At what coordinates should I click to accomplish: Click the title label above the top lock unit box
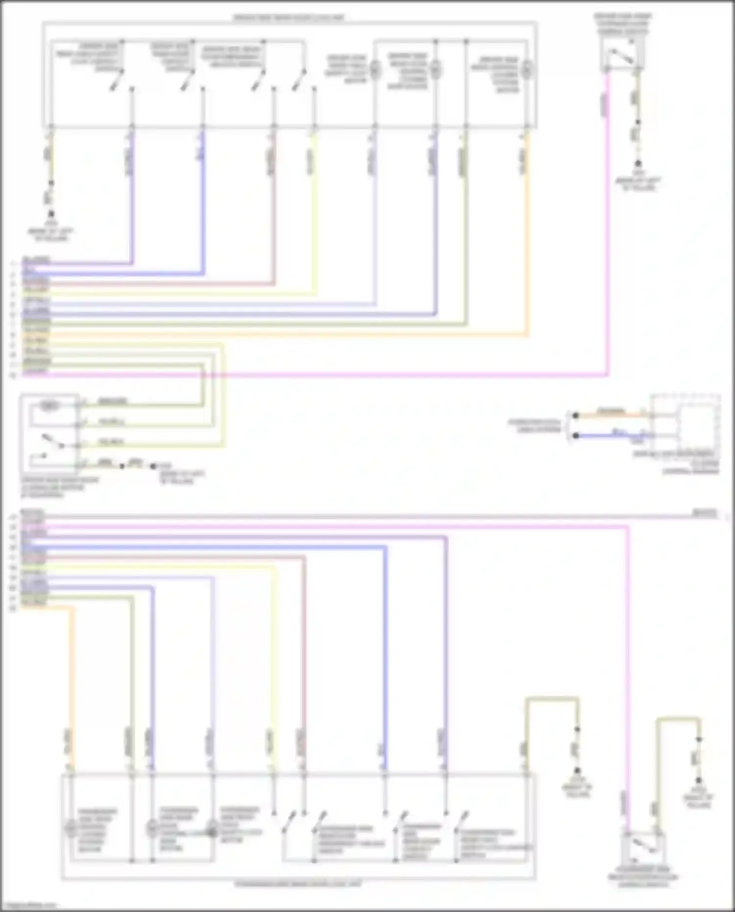point(289,18)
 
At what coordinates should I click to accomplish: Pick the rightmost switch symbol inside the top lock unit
point(299,80)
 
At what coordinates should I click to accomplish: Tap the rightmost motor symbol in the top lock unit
point(526,70)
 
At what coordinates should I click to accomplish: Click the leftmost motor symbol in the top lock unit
point(375,70)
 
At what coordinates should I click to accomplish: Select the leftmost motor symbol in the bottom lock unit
point(71,828)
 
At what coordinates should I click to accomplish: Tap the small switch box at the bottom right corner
point(642,847)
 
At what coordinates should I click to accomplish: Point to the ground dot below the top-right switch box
point(638,163)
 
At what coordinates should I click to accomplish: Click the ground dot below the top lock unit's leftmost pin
point(51,214)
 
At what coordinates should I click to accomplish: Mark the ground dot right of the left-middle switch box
point(153,466)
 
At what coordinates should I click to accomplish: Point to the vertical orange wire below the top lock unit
point(527,235)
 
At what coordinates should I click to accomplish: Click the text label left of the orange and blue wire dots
point(535,425)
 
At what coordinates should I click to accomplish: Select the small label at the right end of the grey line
point(704,513)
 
